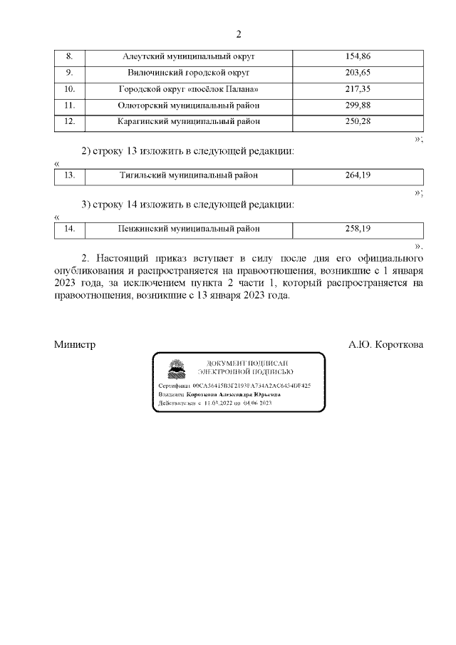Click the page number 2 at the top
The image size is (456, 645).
coord(239,34)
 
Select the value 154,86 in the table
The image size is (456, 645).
coord(358,56)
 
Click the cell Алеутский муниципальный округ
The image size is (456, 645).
coord(189,56)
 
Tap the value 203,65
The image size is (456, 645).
coord(358,73)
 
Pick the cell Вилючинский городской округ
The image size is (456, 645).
coord(189,73)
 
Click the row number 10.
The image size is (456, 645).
coord(70,89)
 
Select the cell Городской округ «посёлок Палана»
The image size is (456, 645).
coord(189,89)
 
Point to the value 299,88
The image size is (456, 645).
coord(358,105)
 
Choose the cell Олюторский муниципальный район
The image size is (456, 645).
coord(189,105)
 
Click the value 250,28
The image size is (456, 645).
coord(358,122)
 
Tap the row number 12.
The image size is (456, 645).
coord(70,122)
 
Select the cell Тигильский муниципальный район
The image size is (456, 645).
coord(189,175)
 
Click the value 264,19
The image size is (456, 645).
coord(358,175)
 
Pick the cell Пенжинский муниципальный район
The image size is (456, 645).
coord(189,229)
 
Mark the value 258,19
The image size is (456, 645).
coord(358,229)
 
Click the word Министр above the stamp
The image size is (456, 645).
coord(75,344)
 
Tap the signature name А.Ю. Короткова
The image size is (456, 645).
coord(385,344)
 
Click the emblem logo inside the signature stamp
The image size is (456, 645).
coord(174,368)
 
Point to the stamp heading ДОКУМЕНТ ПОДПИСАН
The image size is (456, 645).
coord(247,363)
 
